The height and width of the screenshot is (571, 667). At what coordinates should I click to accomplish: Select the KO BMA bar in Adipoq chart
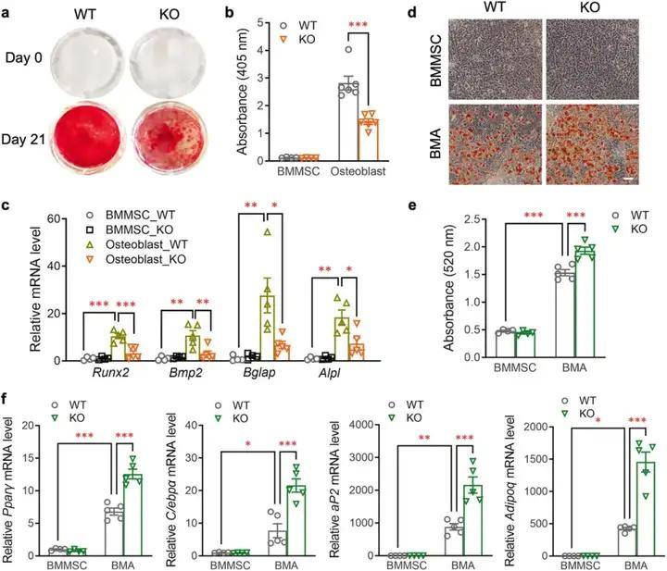637,509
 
